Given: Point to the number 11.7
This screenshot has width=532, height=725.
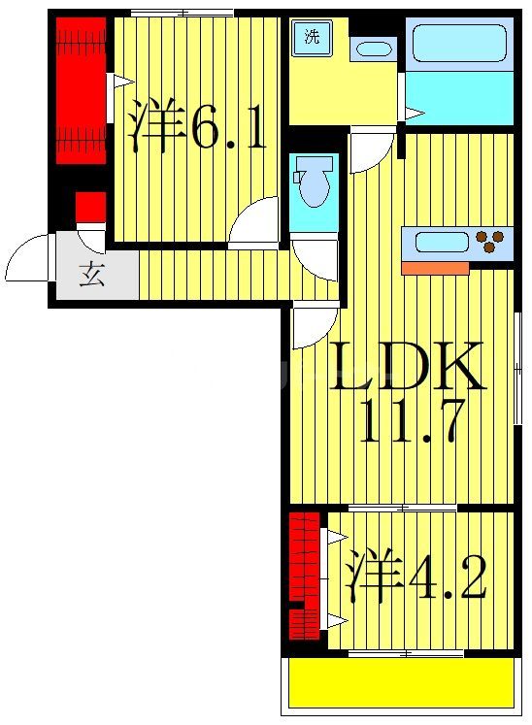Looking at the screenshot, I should (x=406, y=421).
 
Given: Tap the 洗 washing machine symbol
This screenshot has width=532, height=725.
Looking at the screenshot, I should (x=311, y=39).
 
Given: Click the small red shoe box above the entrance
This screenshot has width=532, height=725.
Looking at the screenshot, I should (x=90, y=207).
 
